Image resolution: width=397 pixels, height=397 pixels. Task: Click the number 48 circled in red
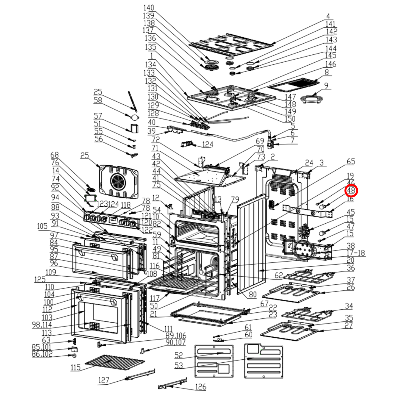click(351, 190)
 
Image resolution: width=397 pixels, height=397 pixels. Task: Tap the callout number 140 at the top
click(149, 8)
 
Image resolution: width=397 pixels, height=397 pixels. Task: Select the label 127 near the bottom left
click(104, 380)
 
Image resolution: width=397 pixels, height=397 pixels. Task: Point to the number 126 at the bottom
click(201, 387)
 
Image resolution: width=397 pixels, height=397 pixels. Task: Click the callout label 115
click(75, 367)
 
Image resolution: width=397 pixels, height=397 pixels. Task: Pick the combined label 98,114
click(42, 325)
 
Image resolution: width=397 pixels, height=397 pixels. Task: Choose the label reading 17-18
click(356, 253)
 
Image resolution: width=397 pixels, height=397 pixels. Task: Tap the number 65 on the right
click(351, 161)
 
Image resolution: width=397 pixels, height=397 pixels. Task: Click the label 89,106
click(176, 335)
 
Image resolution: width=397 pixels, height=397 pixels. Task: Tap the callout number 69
click(260, 141)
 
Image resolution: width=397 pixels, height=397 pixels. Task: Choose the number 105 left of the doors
click(42, 226)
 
